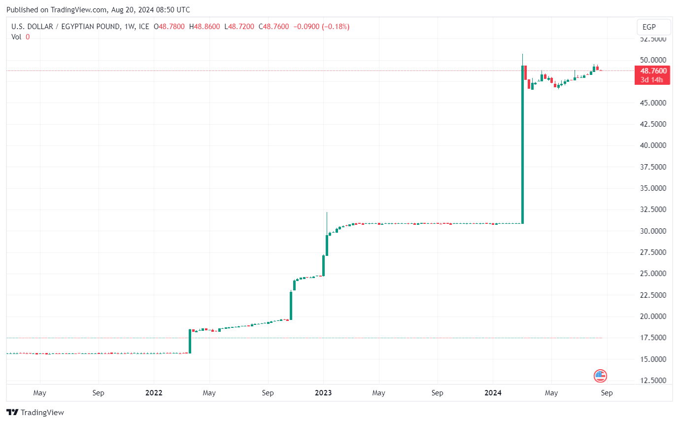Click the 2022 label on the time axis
pos(154,393)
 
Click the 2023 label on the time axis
pos(323,393)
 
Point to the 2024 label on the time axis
pos(493,393)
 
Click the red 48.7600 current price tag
pos(652,71)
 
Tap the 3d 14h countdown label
pos(652,79)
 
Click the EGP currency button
pos(653,27)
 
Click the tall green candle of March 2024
pos(522,148)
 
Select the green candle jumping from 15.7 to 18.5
pos(190,341)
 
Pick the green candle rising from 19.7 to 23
pos(291,306)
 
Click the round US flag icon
pos(600,376)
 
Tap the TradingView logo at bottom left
pos(35,412)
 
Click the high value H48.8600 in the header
pos(205,27)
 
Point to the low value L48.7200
pos(239,27)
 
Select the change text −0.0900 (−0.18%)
pos(321,27)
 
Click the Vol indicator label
pos(16,36)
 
